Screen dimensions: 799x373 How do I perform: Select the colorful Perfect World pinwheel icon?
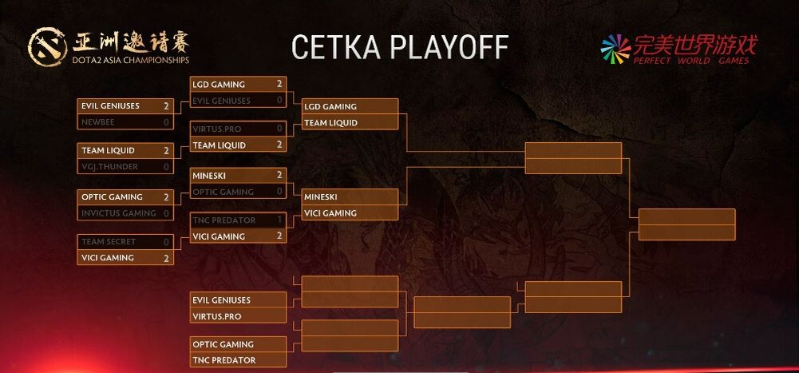click(x=615, y=48)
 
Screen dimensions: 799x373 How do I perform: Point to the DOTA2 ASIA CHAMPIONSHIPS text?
click(x=131, y=59)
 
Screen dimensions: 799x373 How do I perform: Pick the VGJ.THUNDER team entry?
click(x=109, y=167)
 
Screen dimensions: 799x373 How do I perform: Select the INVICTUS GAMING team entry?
click(x=118, y=213)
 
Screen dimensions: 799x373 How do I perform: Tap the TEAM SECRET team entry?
click(x=109, y=241)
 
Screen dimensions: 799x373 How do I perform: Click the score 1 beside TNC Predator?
click(x=279, y=220)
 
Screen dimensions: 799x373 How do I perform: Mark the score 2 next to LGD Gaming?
click(x=279, y=84)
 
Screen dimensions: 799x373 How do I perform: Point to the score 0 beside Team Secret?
click(x=166, y=241)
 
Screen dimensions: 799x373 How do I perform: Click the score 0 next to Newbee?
click(x=166, y=122)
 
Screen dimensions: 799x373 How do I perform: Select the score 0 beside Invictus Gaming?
click(x=166, y=213)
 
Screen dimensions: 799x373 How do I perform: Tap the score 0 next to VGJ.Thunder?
click(x=166, y=167)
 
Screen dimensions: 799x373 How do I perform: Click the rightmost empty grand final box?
click(x=686, y=224)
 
